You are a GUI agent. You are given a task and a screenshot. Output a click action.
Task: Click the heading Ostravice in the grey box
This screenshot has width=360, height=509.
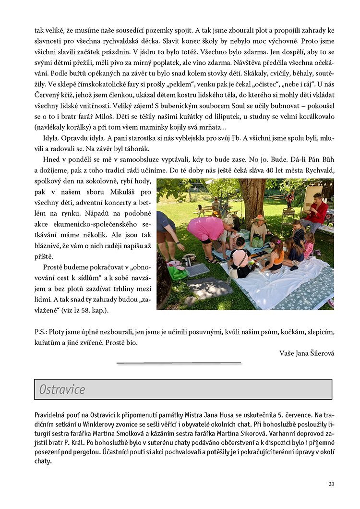[62, 389]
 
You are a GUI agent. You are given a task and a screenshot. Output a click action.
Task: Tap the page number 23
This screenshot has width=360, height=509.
[331, 484]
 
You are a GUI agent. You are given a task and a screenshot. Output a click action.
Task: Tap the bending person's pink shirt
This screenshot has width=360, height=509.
[206, 228]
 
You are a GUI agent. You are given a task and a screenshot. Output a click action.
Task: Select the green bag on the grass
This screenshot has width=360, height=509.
[177, 273]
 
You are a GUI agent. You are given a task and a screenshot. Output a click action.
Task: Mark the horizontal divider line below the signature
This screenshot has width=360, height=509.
[179, 363]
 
